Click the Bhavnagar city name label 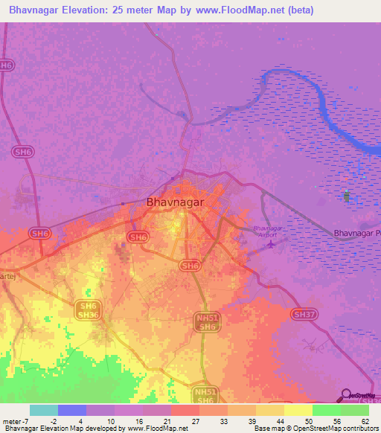175,202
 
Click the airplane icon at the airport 271,243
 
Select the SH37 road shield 304,315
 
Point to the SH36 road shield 88,315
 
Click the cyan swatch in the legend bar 43,410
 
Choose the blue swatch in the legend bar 71,410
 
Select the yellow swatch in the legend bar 298,410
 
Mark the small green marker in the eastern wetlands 346,196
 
